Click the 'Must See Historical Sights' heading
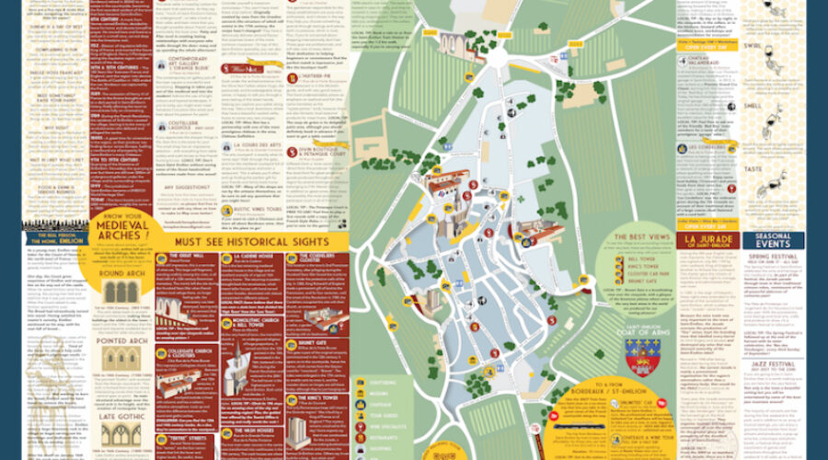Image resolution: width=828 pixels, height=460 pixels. [254, 242]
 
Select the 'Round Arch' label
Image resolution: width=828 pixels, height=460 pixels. [126, 273]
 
